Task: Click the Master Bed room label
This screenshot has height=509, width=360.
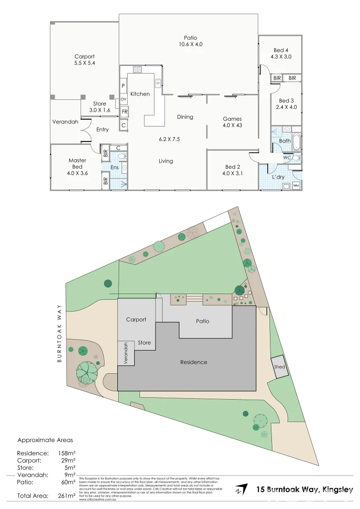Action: click(77, 160)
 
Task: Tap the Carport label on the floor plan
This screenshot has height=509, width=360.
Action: click(84, 57)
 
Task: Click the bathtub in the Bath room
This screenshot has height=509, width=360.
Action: click(296, 141)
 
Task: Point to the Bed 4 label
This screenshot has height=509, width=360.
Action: click(280, 50)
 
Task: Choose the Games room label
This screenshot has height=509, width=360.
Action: click(232, 119)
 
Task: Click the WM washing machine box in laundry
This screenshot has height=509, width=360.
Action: click(296, 186)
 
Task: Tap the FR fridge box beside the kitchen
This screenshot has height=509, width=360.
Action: click(124, 112)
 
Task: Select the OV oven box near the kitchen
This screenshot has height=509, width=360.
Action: click(123, 99)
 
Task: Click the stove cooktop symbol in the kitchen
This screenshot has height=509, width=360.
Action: click(138, 70)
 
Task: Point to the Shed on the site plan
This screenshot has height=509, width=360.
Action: click(280, 366)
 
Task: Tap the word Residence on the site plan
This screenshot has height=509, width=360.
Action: click(194, 362)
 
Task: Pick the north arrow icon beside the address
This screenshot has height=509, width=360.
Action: click(241, 489)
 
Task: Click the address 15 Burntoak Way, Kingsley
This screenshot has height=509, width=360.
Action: click(305, 490)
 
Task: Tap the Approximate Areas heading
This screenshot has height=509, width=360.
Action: click(45, 440)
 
